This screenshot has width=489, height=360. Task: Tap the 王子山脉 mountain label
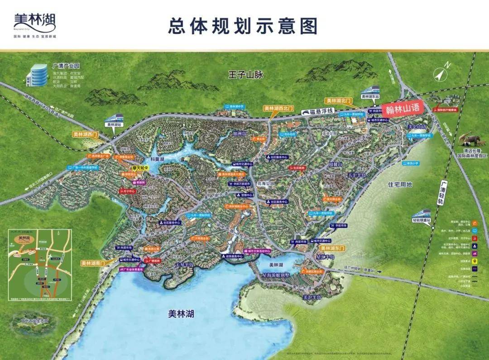tap(245, 75)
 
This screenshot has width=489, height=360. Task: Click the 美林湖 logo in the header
tap(35, 23)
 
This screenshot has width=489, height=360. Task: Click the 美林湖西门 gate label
tap(86, 134)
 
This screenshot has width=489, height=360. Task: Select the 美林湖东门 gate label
tap(332, 248)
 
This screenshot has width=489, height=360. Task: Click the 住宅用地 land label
tap(400, 185)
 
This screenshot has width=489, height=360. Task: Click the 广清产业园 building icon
tap(38, 74)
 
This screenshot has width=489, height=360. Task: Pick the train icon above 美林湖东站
tap(371, 89)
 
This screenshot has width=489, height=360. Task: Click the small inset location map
tap(40, 265)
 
